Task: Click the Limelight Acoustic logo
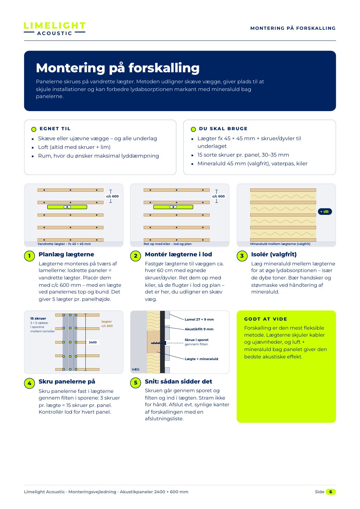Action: (55, 29)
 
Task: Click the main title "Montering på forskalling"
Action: (118, 68)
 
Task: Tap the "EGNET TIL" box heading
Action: (55, 129)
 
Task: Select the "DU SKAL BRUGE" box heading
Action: (223, 129)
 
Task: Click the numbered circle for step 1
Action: (29, 256)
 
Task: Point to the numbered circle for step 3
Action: (242, 256)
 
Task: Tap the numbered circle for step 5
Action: (136, 383)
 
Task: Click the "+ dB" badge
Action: (325, 211)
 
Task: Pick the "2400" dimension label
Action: (93, 342)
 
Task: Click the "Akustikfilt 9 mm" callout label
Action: (199, 329)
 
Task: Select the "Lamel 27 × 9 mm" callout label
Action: (199, 319)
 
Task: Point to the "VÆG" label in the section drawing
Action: (136, 369)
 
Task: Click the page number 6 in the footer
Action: (331, 492)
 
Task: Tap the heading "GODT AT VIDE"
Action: (266, 319)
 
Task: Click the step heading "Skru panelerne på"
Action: (67, 381)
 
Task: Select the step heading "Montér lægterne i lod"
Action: (178, 254)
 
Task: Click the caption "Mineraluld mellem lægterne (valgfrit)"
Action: (280, 244)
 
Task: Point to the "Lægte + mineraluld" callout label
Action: (201, 359)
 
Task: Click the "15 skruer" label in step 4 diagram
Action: (38, 318)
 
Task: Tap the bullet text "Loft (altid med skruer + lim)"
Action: (74, 147)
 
